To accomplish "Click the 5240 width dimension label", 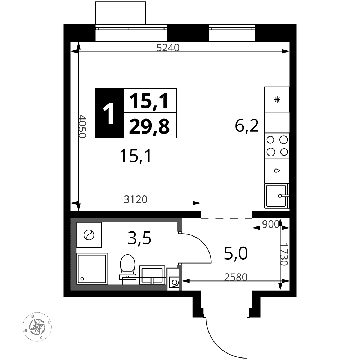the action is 168,48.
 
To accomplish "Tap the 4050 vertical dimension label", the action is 82,126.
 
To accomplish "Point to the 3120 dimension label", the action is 135,199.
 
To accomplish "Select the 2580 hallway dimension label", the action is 236,277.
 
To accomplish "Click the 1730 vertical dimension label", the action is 284,255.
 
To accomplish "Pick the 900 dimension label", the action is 271,224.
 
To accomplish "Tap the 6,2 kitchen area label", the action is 247,126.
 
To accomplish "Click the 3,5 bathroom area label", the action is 139,238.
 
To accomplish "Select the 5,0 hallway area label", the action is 236,253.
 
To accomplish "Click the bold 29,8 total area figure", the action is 149,126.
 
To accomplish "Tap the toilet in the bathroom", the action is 127,267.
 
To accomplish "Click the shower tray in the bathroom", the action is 92,269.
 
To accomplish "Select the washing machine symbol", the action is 89,235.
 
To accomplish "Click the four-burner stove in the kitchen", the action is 277,145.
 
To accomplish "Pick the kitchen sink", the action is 277,195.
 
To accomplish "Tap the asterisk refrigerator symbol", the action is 277,99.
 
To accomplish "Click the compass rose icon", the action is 37,327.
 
